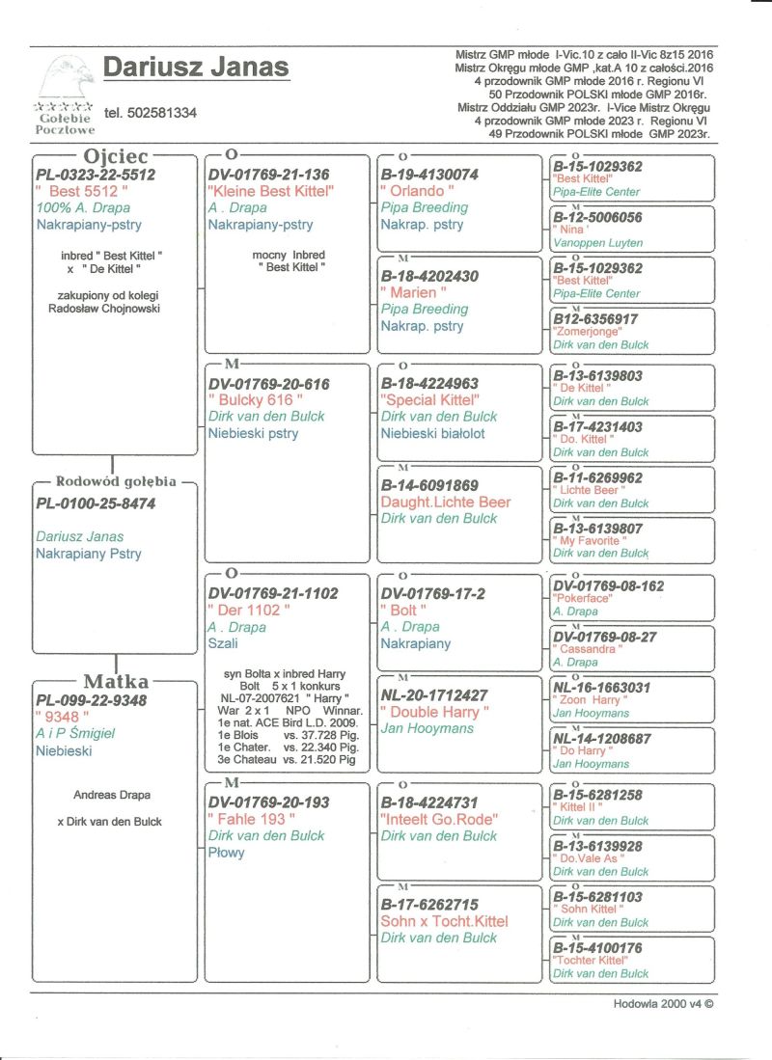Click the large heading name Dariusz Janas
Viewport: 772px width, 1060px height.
pos(196,68)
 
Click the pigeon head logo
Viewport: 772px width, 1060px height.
pos(65,75)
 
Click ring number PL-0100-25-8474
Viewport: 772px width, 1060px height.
pos(96,503)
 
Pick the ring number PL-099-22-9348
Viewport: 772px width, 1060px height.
pos(92,699)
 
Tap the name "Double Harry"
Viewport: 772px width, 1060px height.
pos(435,712)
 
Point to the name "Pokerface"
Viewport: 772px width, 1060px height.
pos(583,598)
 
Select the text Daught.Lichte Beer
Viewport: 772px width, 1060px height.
pos(446,502)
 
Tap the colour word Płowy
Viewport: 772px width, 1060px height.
pos(227,853)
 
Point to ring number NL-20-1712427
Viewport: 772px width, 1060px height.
pos(434,694)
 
